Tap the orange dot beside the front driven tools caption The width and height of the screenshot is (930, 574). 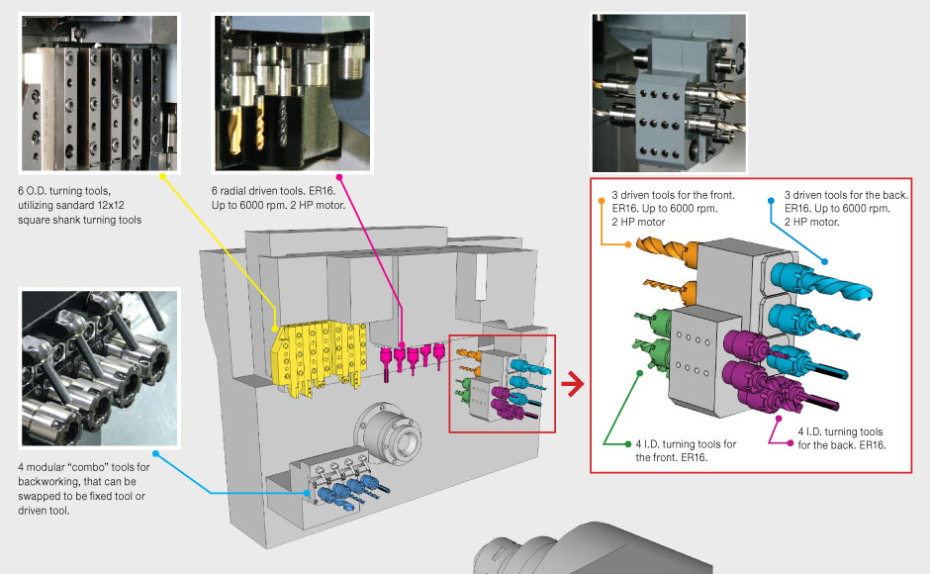coord(602,199)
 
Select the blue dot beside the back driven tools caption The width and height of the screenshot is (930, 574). coord(772,199)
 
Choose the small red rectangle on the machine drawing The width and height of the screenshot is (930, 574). coord(502,383)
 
